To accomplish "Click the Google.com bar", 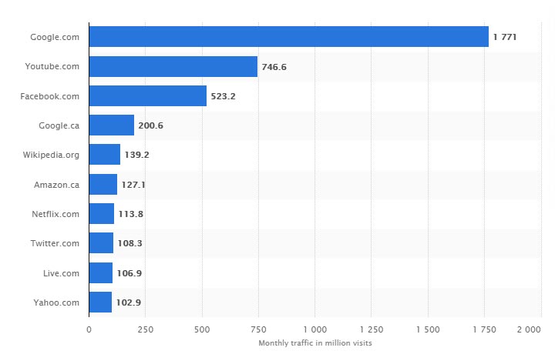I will tap(288, 37).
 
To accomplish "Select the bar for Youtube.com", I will tap(173, 66).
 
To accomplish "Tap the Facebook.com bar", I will tap(147, 95).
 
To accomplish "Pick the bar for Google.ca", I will tap(111, 125).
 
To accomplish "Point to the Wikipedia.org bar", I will tap(104, 155).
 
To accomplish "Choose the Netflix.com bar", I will tap(101, 214).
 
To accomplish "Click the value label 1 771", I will tap(504, 37).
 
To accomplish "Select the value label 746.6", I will tap(274, 67).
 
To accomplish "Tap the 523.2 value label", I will tap(223, 96).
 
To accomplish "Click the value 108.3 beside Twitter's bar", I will tap(129, 243).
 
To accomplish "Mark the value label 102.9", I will tap(128, 303).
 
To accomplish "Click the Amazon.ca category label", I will tap(56, 185).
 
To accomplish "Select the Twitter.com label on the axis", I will tap(55, 243).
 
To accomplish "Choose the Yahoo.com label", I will tap(56, 303).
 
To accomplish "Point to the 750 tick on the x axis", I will tap(257, 329).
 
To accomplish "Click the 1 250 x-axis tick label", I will tap(371, 329).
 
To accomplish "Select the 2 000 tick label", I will tap(529, 329).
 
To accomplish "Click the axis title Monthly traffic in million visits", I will tap(315, 343).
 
